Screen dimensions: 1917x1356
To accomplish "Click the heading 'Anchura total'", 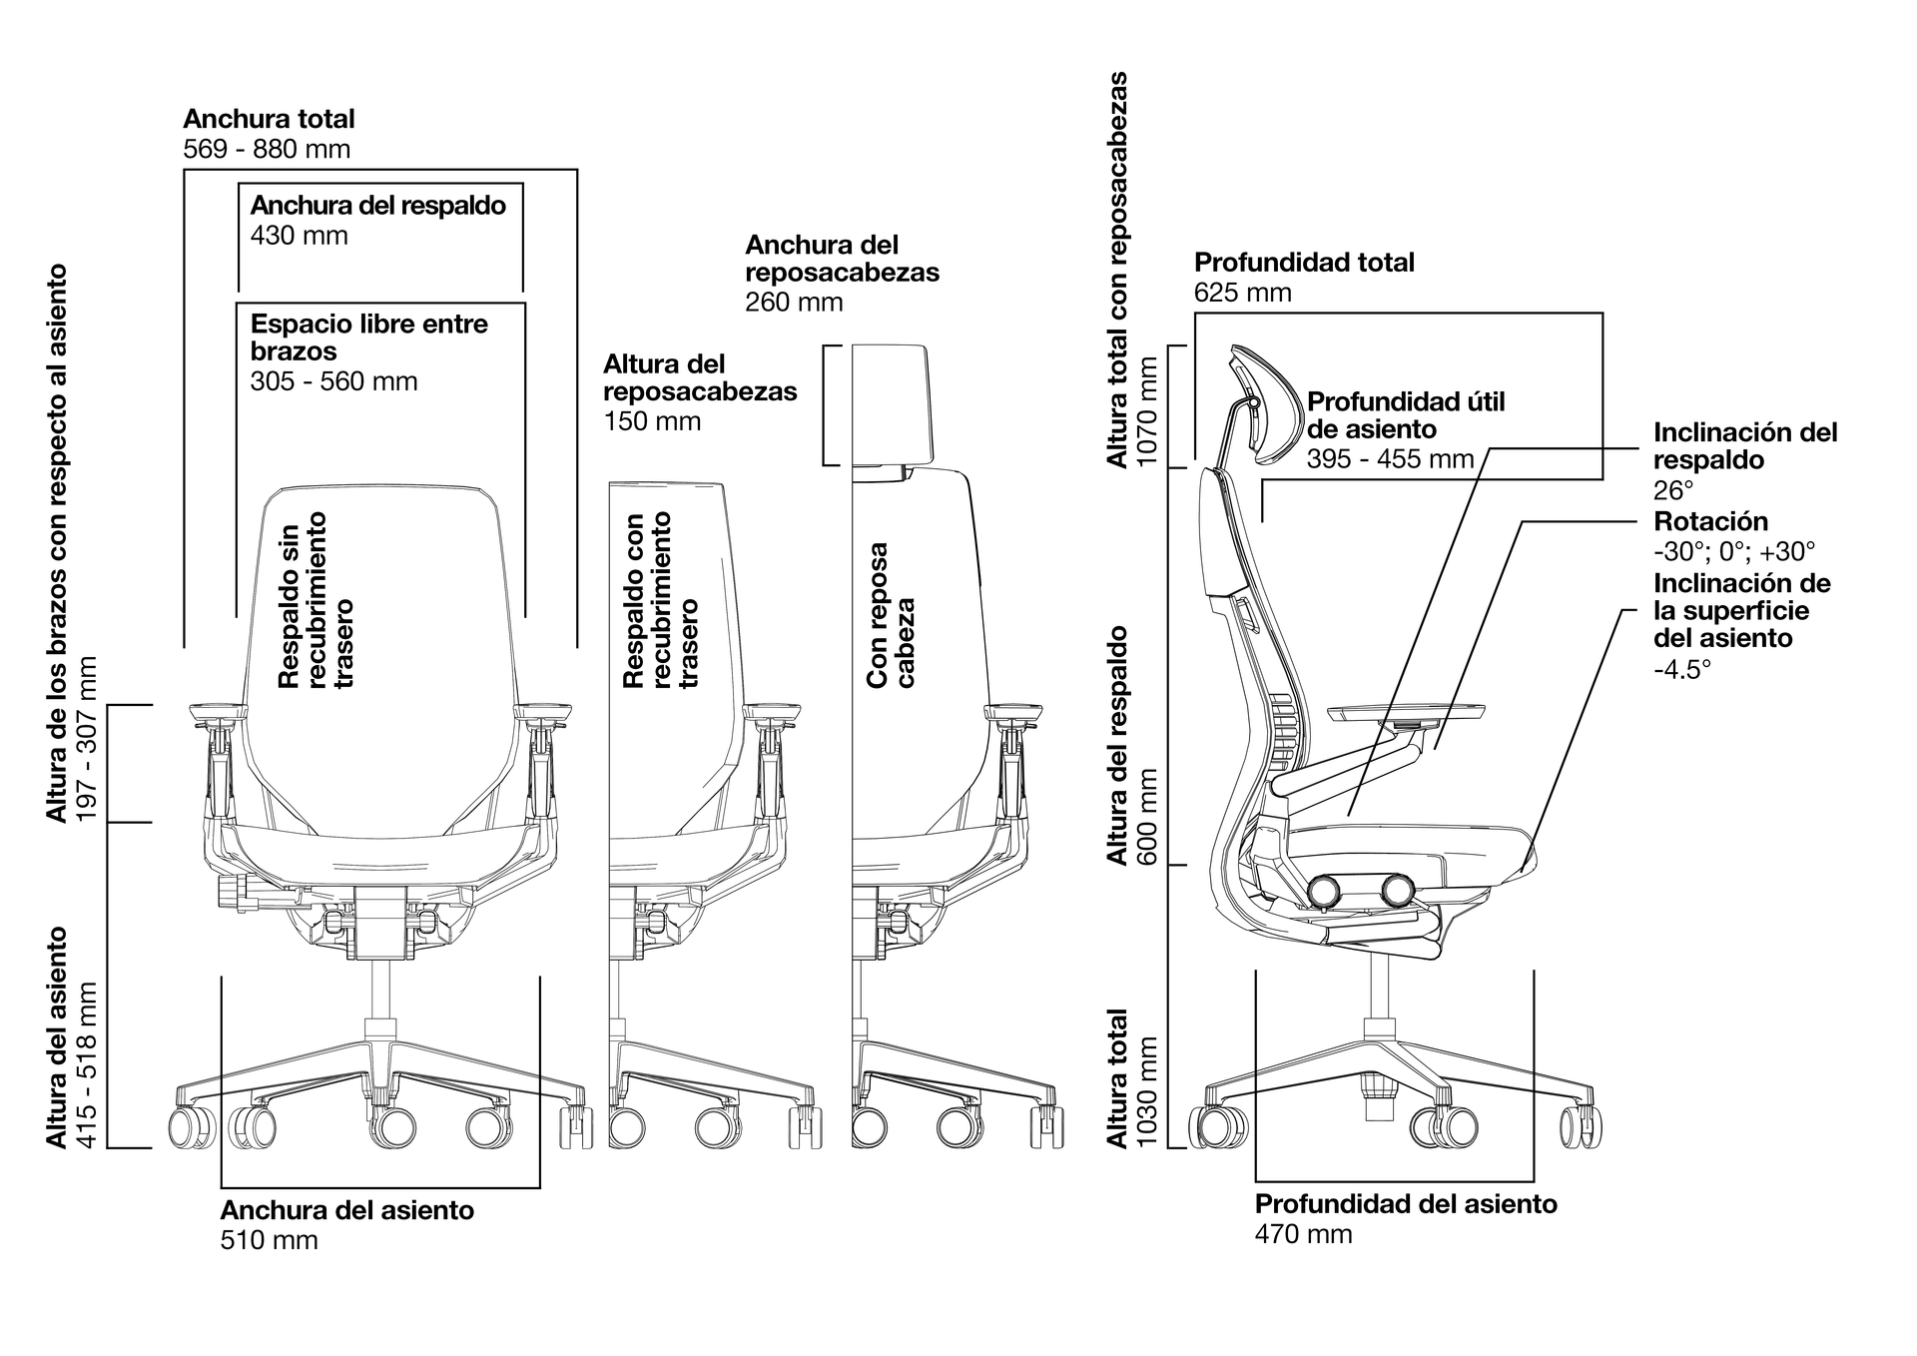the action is [x=269, y=119].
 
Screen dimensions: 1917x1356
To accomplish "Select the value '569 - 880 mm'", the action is [x=267, y=150].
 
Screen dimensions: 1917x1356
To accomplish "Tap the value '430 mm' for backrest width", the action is [x=299, y=236].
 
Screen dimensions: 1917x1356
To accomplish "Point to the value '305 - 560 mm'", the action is [x=333, y=381].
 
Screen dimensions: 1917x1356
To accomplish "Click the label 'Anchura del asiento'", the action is [x=346, y=1210].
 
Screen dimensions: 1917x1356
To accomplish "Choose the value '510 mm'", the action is [x=269, y=1241].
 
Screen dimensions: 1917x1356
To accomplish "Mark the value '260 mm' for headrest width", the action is [x=794, y=303].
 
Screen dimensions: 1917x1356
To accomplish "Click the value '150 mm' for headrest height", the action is [x=652, y=421].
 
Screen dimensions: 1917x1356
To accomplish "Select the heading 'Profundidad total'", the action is [x=1304, y=263].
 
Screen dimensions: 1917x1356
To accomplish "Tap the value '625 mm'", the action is [x=1243, y=294].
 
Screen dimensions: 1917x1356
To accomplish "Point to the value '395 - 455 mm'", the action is [x=1390, y=459].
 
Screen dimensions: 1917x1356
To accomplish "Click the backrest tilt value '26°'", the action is [x=1673, y=491].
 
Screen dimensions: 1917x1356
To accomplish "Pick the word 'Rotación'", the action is [x=1710, y=521].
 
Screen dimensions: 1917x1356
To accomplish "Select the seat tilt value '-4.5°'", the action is [x=1682, y=669].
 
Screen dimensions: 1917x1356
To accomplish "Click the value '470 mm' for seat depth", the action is [x=1303, y=1235].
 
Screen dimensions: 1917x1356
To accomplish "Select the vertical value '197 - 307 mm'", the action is [x=88, y=739].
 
